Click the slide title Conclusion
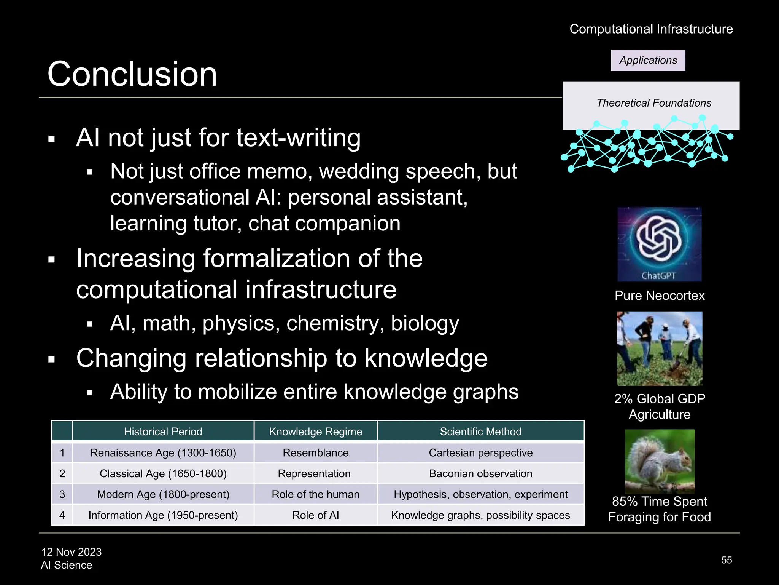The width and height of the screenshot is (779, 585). (132, 74)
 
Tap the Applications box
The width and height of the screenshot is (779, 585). (648, 60)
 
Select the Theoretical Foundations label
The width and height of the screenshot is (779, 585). (653, 103)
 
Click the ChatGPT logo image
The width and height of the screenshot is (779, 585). (659, 244)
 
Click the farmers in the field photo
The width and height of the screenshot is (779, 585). (659, 348)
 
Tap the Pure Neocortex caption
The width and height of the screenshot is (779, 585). (659, 296)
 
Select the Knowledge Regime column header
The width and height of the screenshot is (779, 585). (315, 432)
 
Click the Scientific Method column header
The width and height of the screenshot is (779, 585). (480, 432)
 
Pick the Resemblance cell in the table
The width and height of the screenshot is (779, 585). (315, 452)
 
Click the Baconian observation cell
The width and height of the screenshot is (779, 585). (480, 473)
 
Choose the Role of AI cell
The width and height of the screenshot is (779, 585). (315, 515)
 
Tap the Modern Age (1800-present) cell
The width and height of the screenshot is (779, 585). (163, 494)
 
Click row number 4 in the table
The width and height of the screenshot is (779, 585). (62, 515)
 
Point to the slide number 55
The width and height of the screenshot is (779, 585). (726, 560)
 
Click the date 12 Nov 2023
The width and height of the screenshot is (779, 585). (72, 552)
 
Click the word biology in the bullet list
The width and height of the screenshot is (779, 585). (425, 323)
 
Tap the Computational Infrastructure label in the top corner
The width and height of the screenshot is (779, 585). (651, 29)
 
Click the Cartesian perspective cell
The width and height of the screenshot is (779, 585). (480, 452)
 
